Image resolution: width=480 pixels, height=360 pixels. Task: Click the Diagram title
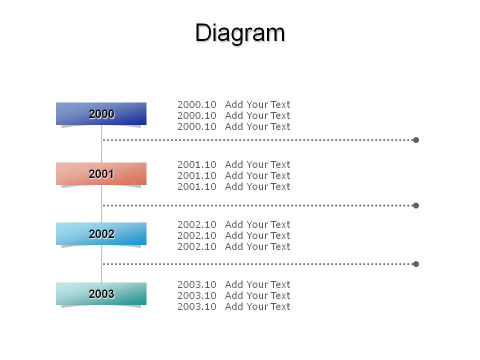click(x=240, y=32)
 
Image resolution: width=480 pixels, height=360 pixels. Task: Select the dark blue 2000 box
click(x=101, y=113)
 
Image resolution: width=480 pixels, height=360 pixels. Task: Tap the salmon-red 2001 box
click(x=101, y=173)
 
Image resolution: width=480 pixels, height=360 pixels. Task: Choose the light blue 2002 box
click(x=101, y=233)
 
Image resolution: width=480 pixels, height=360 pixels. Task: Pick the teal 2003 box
click(x=101, y=293)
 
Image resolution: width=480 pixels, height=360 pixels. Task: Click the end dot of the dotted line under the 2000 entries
click(x=415, y=140)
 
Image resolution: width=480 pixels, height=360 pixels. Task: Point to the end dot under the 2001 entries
click(x=415, y=205)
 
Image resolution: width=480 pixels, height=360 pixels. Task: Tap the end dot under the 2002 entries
click(x=415, y=264)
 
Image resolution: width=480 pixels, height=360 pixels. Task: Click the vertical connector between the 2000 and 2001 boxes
click(x=101, y=144)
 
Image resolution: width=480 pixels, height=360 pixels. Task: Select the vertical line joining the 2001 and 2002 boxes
click(x=101, y=204)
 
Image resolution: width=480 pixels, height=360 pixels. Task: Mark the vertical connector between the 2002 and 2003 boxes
click(x=101, y=264)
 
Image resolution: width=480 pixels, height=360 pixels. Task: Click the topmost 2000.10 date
click(x=197, y=104)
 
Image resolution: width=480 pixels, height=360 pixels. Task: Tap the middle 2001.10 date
click(x=197, y=175)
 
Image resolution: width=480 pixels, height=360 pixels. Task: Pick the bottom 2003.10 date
click(x=197, y=306)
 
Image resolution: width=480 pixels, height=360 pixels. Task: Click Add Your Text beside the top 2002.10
click(x=257, y=224)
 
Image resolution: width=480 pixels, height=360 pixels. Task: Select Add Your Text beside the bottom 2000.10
click(x=257, y=126)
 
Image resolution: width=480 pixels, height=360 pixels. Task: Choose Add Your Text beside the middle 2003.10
click(x=257, y=295)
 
